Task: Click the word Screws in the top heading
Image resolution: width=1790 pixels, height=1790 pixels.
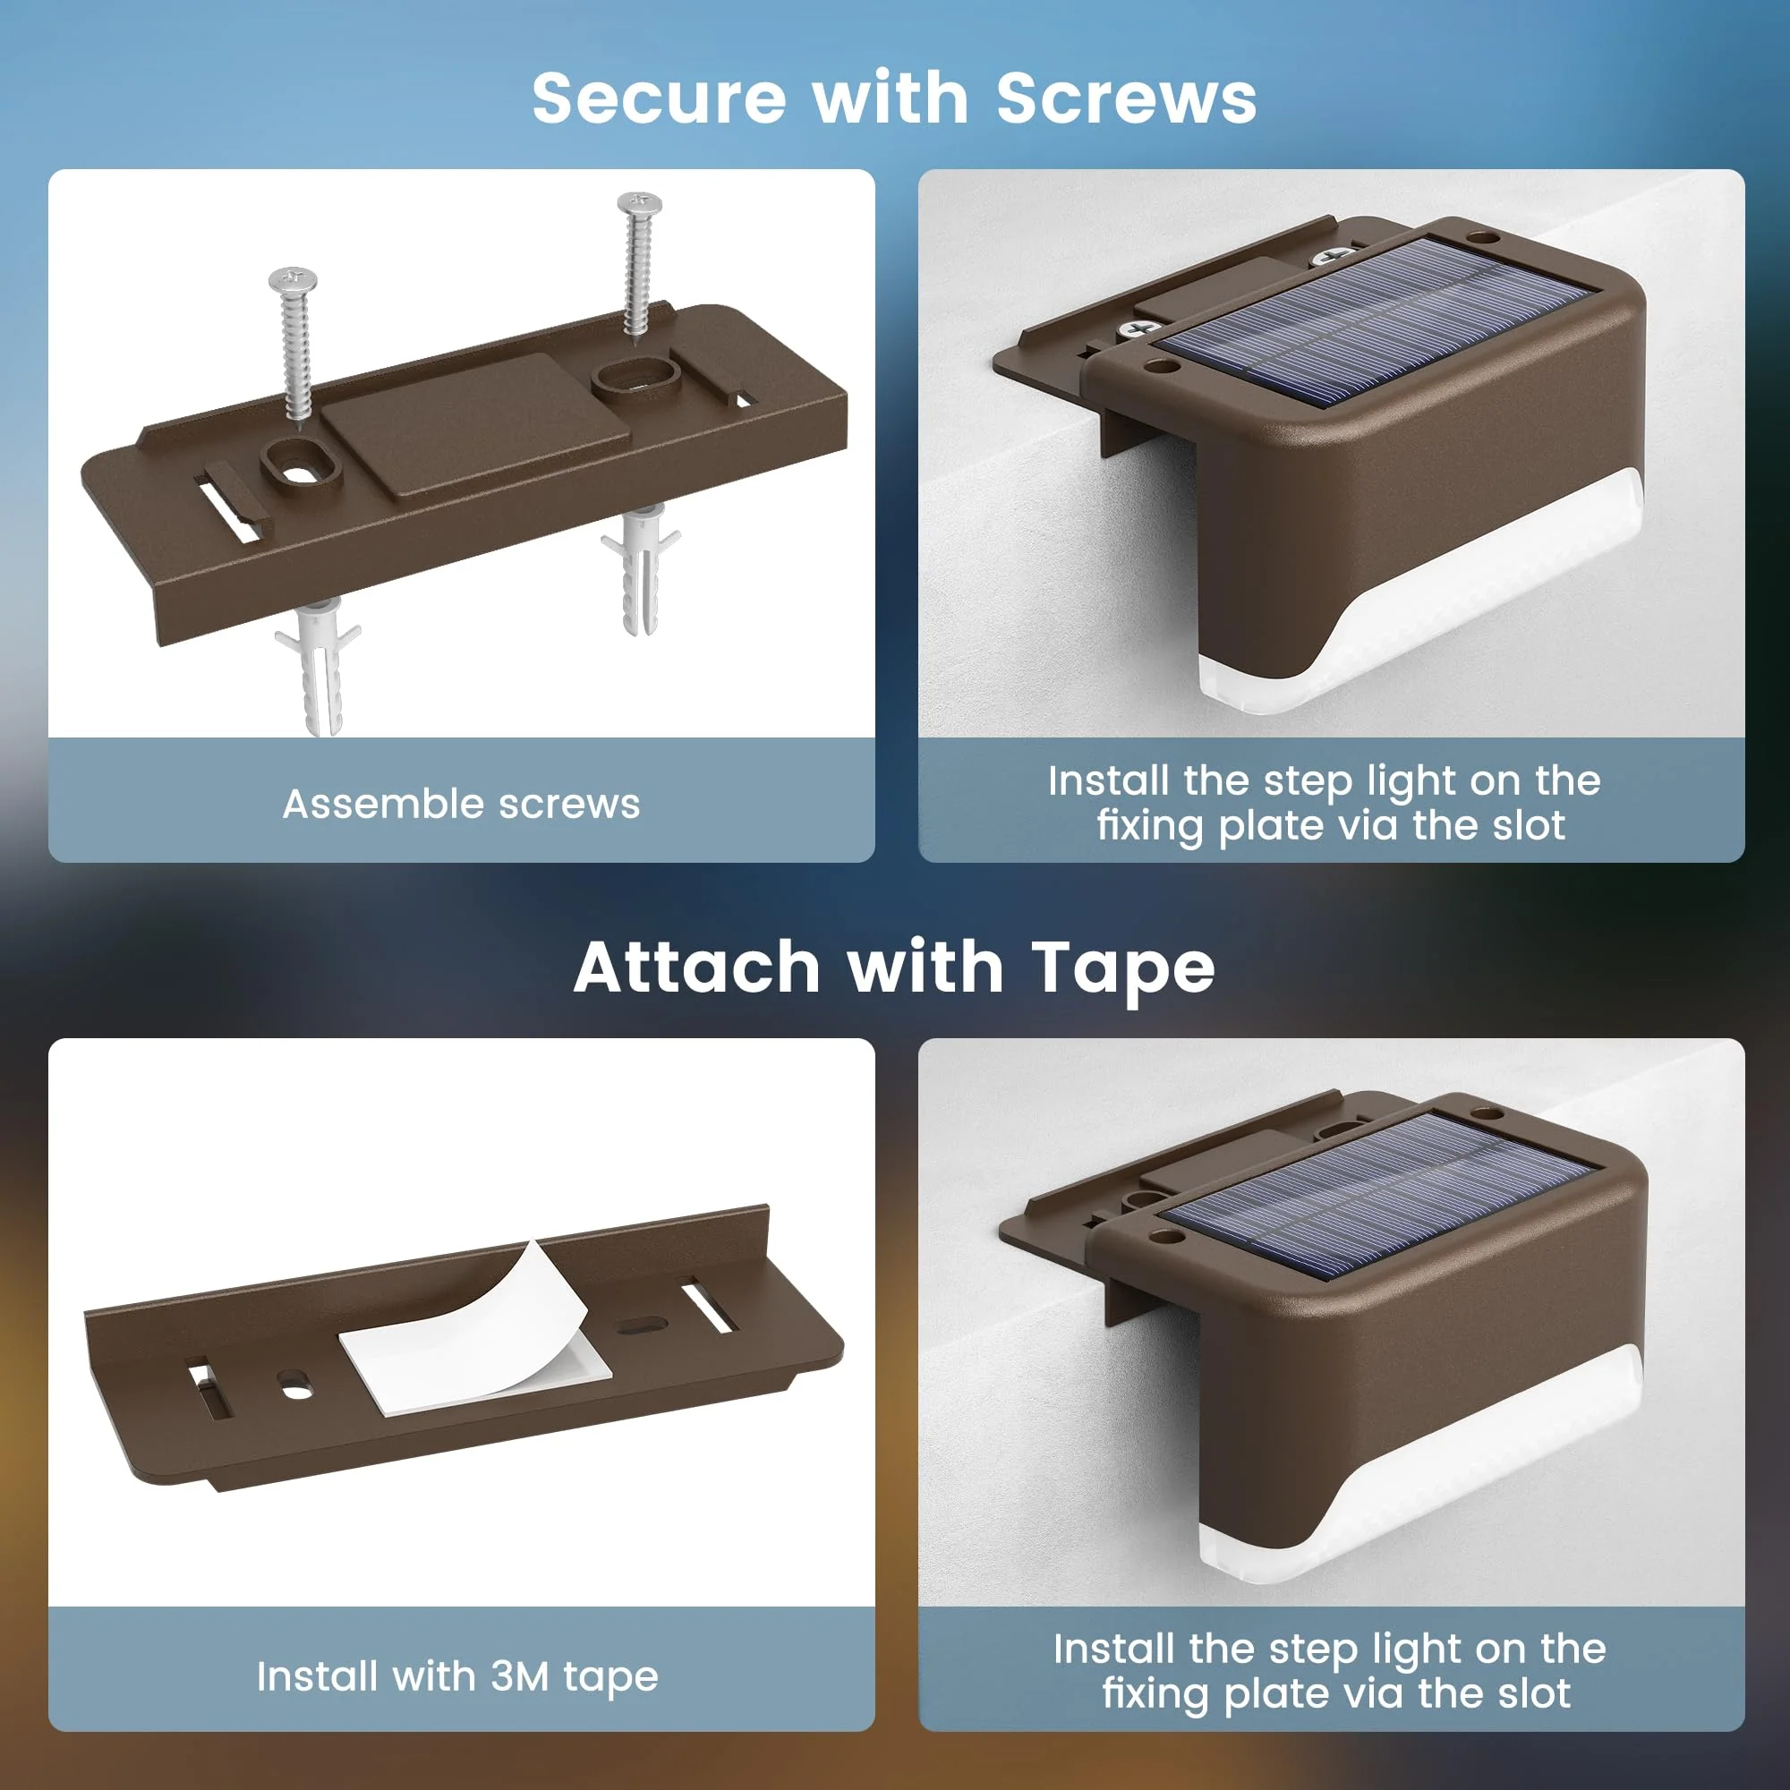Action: (1126, 98)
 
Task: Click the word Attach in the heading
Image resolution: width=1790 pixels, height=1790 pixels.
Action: (696, 967)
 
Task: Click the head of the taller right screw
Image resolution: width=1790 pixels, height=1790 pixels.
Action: (639, 203)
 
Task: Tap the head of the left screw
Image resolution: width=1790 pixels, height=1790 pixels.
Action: (293, 278)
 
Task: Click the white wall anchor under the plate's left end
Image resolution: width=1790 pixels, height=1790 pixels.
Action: (318, 663)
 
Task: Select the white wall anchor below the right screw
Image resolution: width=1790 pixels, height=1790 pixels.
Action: (640, 567)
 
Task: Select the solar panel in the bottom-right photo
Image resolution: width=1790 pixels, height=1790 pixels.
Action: (1377, 1195)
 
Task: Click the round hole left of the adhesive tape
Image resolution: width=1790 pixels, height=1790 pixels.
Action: (294, 1387)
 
